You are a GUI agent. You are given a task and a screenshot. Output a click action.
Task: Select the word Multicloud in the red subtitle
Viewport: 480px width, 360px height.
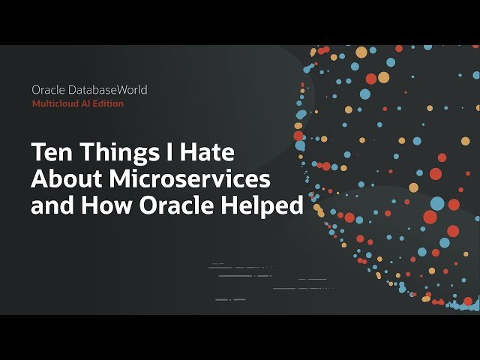55,103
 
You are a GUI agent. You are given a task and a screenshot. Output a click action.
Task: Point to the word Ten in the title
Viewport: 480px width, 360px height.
49,152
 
